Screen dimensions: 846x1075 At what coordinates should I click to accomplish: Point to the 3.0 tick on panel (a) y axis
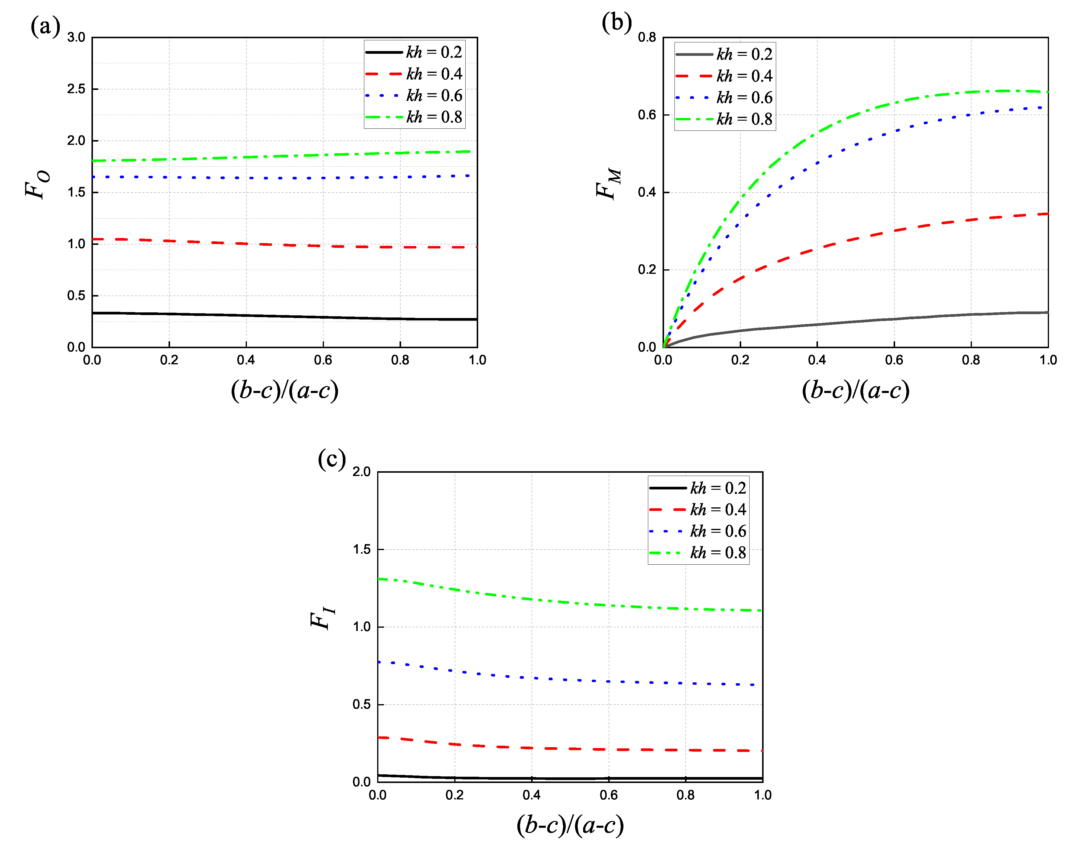click(76, 37)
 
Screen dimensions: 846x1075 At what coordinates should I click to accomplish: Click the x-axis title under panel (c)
click(570, 825)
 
